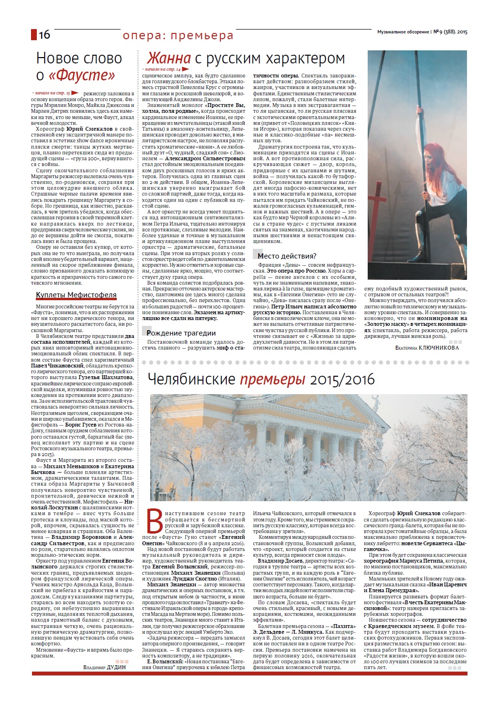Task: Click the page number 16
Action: coord(44,34)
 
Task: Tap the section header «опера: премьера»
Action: coord(178,35)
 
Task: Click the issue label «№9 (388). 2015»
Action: coord(450,32)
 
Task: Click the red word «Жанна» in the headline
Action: coord(169,59)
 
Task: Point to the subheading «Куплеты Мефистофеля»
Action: coord(76,295)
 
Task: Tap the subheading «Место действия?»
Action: coord(287,256)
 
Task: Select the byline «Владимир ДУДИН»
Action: coord(105,667)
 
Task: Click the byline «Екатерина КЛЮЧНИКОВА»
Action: coord(427,348)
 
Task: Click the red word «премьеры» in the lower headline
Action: coord(272,379)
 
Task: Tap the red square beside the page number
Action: coord(34,34)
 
